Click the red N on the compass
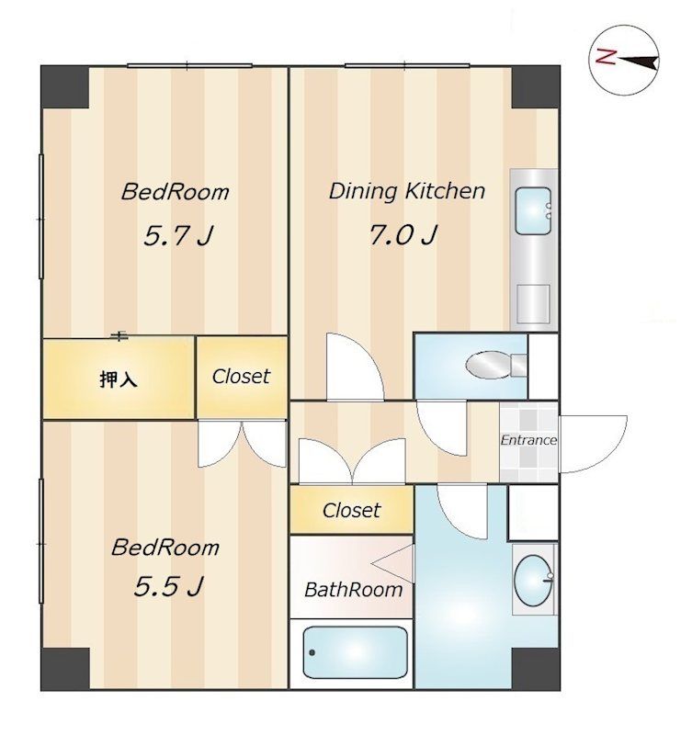(606, 56)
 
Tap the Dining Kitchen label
(406, 191)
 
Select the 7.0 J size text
(403, 234)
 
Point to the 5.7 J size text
(178, 235)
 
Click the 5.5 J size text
(169, 586)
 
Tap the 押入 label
(119, 379)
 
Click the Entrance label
(528, 440)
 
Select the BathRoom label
(354, 589)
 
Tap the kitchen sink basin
(533, 210)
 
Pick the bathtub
(355, 652)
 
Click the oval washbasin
(534, 581)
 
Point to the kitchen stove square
(533, 304)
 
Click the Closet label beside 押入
(241, 376)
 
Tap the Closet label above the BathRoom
(352, 510)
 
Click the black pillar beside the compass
(536, 87)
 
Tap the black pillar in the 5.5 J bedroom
(65, 669)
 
